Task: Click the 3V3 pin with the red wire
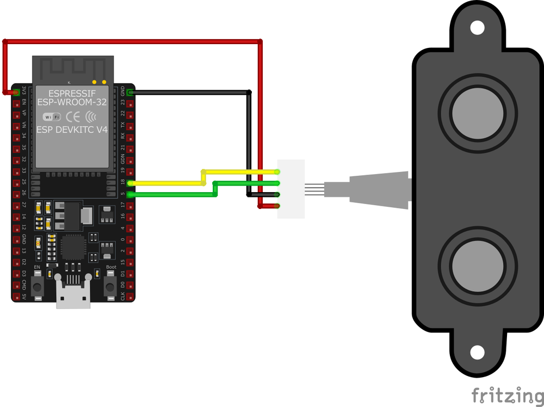pos(16,91)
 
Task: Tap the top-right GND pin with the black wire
pos(130,92)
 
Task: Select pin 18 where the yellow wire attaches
pos(130,183)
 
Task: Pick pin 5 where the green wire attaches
pos(130,194)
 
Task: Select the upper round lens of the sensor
pos(477,114)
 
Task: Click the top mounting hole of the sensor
pos(477,27)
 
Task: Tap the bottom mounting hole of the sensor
pos(477,353)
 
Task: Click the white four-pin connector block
pos(291,189)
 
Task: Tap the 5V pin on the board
pos(16,297)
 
